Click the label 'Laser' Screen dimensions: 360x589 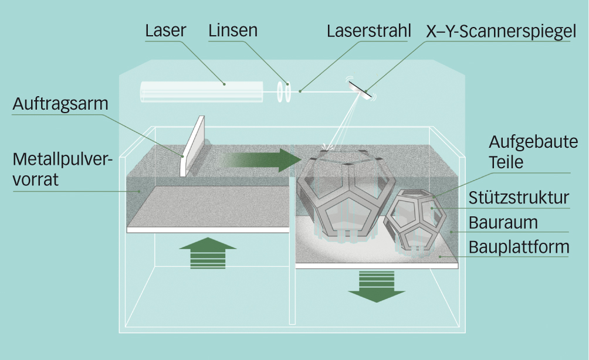coord(165,30)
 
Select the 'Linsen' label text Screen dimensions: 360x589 coord(233,30)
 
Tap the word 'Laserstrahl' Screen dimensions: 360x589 coord(369,30)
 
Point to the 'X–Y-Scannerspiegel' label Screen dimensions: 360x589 coord(498,31)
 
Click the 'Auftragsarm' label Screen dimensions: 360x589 coord(60,104)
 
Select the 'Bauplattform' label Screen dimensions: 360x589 coord(519,247)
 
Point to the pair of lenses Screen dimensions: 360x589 coord(285,93)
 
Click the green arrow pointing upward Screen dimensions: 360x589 coord(208,253)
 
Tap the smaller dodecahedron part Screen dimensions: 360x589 coord(415,220)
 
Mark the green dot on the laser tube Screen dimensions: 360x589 coord(225,84)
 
